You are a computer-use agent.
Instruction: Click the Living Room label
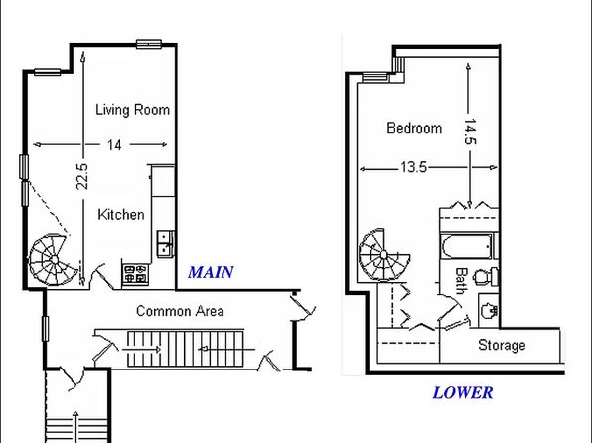(132, 110)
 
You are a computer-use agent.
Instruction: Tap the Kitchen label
(121, 215)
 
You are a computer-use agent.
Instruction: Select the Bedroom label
(414, 128)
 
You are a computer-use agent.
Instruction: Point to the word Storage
(502, 345)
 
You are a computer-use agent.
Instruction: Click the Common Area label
(180, 311)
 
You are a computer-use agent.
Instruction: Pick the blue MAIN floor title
(211, 272)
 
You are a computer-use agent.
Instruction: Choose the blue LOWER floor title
(463, 392)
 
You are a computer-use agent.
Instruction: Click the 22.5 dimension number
(82, 176)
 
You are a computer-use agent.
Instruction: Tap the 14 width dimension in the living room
(114, 145)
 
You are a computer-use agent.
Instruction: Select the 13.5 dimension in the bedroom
(413, 167)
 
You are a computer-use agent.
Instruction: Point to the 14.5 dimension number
(470, 132)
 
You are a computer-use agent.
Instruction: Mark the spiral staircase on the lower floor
(383, 255)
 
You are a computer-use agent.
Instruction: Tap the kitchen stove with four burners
(135, 273)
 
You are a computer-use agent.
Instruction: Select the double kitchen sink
(165, 244)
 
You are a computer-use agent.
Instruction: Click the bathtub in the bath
(467, 246)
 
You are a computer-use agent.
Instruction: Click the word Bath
(461, 281)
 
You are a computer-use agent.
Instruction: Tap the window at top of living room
(149, 44)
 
